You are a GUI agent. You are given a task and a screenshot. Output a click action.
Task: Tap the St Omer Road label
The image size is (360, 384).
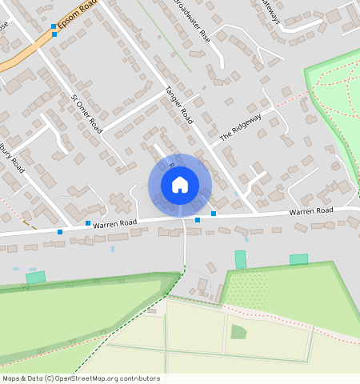[87, 113]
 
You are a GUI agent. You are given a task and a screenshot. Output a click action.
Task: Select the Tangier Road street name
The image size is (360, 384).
[178, 104]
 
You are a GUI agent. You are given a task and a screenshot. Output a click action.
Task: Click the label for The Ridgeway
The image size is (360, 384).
[241, 126]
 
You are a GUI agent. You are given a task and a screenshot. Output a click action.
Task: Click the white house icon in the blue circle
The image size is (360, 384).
[180, 185]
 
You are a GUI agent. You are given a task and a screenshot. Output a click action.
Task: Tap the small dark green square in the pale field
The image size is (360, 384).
[238, 331]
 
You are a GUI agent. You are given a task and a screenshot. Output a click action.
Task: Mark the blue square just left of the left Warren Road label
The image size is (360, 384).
[88, 223]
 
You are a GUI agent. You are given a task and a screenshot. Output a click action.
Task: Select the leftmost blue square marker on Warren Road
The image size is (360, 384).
[60, 232]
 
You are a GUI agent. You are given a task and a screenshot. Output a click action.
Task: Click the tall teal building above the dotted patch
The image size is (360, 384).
[240, 259]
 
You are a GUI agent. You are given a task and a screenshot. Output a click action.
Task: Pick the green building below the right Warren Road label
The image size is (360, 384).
[298, 259]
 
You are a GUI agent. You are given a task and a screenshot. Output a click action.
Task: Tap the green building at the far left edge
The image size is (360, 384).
[35, 277]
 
